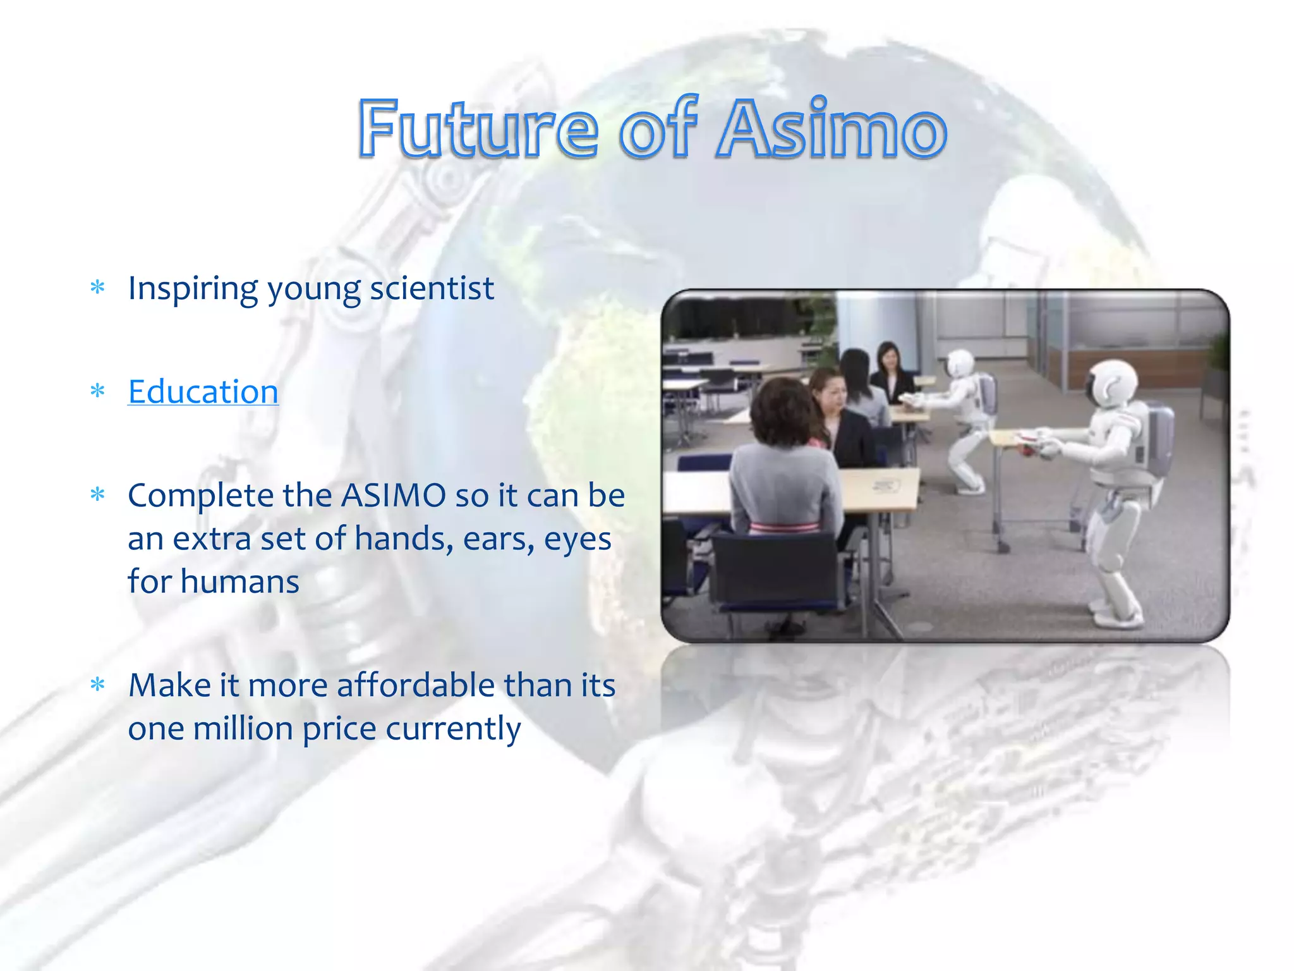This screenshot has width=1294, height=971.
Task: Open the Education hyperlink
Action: pyautogui.click(x=203, y=392)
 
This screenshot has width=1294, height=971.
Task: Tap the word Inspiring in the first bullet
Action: pyautogui.click(x=192, y=289)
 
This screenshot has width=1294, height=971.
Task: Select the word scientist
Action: pyautogui.click(x=432, y=289)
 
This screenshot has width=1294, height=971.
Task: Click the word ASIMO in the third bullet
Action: pyautogui.click(x=394, y=496)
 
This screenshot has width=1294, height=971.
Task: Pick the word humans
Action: pyautogui.click(x=239, y=582)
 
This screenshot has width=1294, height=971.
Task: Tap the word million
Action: pyautogui.click(x=243, y=728)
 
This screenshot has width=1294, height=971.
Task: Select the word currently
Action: pyautogui.click(x=453, y=728)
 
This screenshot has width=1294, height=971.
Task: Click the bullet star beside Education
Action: pyautogui.click(x=97, y=392)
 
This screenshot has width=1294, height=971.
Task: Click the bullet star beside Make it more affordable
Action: pyautogui.click(x=97, y=685)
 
